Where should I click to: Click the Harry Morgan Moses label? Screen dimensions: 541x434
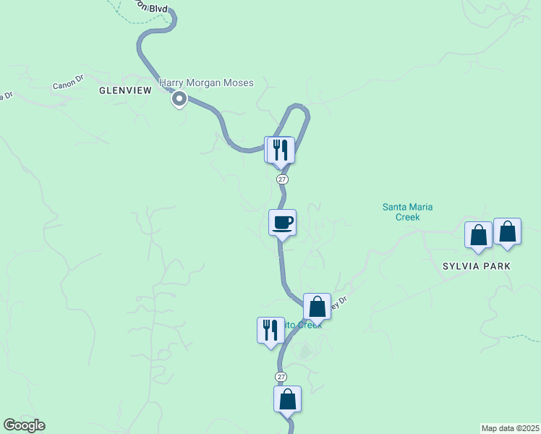tap(207, 83)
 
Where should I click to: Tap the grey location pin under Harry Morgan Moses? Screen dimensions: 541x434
tap(179, 100)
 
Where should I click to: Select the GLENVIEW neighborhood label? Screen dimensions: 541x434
tap(125, 90)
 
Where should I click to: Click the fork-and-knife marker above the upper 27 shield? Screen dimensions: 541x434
tap(281, 150)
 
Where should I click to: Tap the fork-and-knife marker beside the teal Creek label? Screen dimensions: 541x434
tap(270, 330)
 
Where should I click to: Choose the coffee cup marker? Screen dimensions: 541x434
tap(282, 222)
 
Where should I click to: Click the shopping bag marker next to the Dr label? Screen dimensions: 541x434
tap(317, 307)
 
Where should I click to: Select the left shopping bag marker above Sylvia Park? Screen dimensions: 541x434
tap(478, 234)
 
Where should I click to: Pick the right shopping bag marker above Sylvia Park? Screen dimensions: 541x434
tap(507, 231)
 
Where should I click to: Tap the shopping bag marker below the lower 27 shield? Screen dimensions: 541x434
tap(287, 399)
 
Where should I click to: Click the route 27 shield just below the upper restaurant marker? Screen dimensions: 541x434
tap(281, 179)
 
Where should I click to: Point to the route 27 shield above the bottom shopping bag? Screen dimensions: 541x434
tap(281, 377)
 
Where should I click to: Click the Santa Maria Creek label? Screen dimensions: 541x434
tap(407, 212)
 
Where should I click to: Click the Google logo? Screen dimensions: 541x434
tap(24, 425)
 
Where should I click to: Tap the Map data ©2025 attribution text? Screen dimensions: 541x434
tap(511, 428)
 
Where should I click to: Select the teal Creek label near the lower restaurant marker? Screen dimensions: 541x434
tap(304, 325)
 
